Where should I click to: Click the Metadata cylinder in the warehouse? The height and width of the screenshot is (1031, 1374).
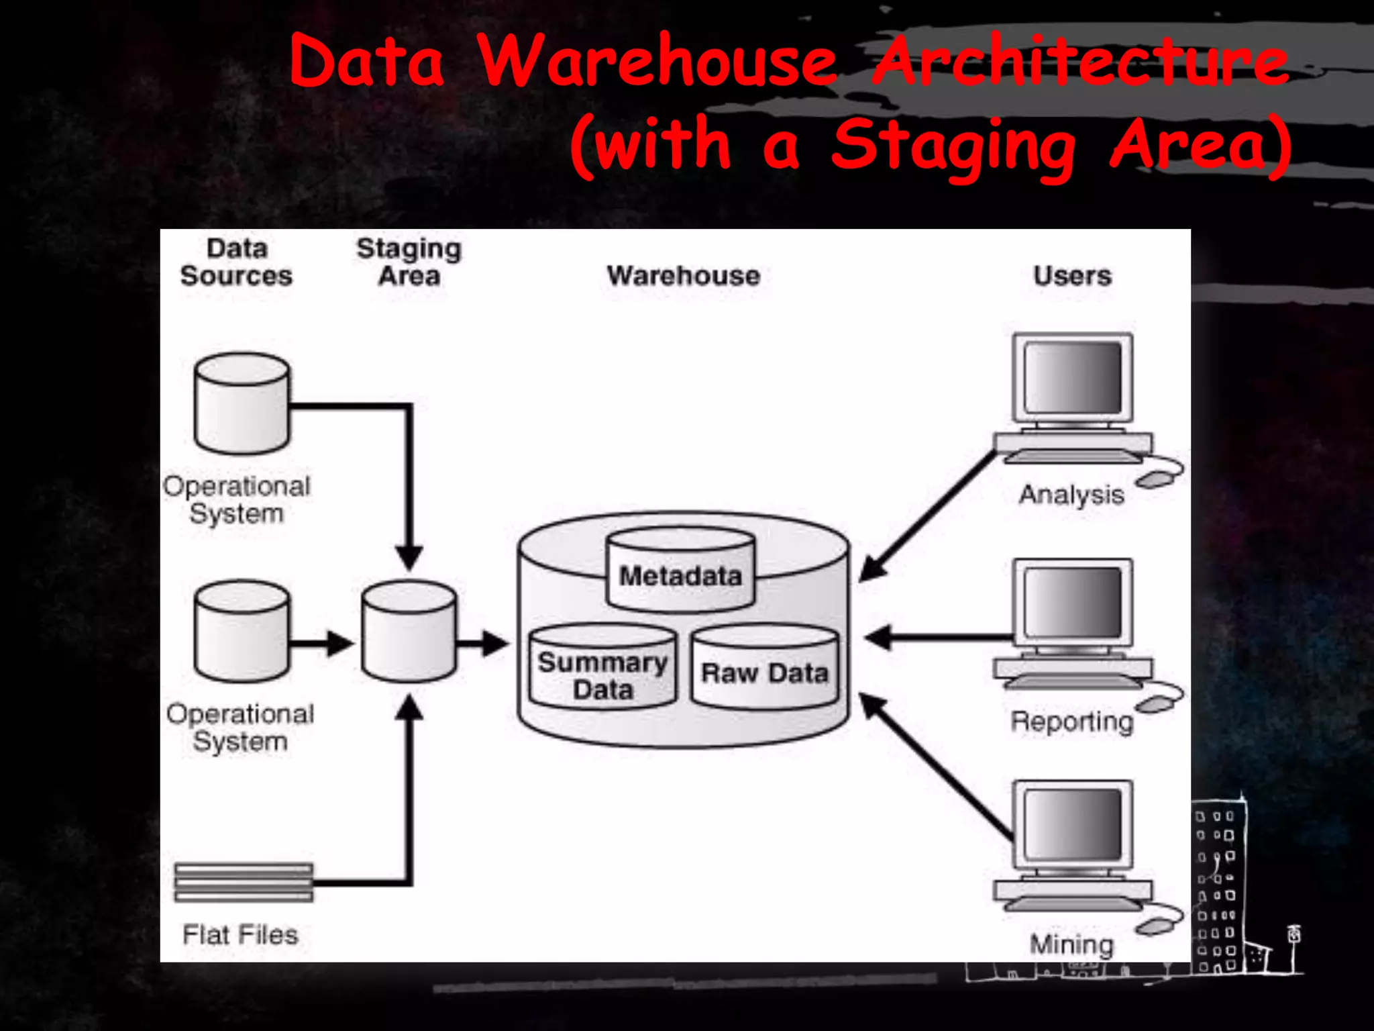coord(680,571)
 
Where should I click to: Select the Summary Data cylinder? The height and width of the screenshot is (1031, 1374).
coord(602,668)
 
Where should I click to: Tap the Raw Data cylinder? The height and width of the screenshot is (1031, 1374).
coord(765,668)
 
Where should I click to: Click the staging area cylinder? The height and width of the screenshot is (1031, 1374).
coord(409,631)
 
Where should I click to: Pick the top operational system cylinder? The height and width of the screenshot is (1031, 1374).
coord(242,404)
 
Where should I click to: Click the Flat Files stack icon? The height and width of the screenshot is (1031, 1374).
coord(244,882)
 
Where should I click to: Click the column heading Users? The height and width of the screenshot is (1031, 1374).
coord(1072,276)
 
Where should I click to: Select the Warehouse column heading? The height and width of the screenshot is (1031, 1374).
coord(683,276)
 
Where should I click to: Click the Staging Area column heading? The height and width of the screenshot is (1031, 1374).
coord(409,262)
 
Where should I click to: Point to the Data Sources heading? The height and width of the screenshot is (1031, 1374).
coord(236,262)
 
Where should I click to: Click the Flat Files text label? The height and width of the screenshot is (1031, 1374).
coord(240,934)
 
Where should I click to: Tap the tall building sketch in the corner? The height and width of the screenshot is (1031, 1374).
coord(1218,886)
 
